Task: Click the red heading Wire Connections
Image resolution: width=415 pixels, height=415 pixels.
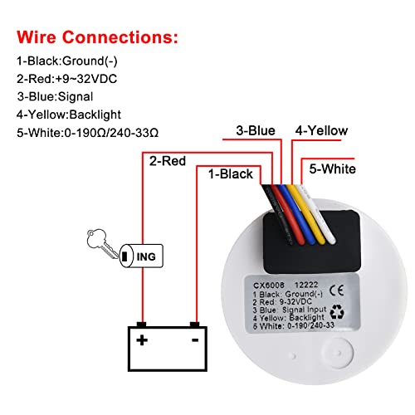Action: click(97, 37)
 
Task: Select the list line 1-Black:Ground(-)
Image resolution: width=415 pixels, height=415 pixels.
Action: click(67, 61)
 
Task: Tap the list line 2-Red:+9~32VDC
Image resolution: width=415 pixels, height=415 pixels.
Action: click(66, 79)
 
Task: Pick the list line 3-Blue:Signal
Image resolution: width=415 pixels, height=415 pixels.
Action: click(55, 97)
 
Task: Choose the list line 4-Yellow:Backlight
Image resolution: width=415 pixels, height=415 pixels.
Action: click(69, 115)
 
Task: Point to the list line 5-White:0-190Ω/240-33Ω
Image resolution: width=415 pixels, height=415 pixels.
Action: click(87, 133)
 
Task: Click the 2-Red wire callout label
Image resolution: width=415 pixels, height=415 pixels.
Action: click(168, 161)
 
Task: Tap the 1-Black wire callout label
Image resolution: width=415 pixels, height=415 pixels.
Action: click(231, 174)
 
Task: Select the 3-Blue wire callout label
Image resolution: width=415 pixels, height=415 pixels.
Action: click(256, 130)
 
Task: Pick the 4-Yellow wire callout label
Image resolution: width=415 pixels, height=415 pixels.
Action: click(321, 130)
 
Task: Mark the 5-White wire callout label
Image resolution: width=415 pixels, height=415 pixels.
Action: click(333, 168)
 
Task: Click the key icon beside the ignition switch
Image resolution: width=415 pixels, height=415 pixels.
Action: click(103, 243)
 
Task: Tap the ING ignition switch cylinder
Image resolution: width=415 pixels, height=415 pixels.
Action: click(141, 256)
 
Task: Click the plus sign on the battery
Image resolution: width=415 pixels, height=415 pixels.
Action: click(142, 340)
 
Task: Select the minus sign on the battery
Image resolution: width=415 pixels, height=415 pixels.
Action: click(195, 340)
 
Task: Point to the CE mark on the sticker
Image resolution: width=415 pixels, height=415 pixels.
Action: click(337, 290)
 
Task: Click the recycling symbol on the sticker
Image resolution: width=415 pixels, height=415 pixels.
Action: click(337, 311)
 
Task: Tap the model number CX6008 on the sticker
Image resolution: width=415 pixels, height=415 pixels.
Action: click(269, 286)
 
